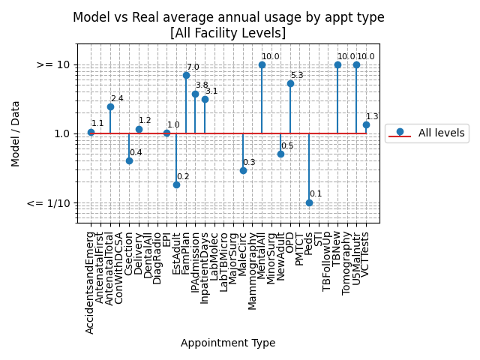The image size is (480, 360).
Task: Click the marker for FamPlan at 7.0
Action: click(186, 75)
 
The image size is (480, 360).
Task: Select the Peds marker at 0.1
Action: click(309, 202)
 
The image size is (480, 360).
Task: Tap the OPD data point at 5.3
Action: click(290, 83)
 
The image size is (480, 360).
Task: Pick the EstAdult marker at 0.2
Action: click(176, 184)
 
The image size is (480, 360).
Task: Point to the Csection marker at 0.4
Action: click(129, 160)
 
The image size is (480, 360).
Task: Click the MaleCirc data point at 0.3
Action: click(243, 170)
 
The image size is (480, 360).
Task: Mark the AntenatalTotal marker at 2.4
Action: click(110, 106)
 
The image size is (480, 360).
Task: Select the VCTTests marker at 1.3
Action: click(366, 124)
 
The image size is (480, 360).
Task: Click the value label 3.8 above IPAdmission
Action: click(202, 85)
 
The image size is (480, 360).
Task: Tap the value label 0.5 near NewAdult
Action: click(287, 146)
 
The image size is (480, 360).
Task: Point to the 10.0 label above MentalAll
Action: click(270, 57)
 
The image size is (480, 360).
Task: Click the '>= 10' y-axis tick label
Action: click(53, 65)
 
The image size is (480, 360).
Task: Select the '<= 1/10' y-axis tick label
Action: click(48, 203)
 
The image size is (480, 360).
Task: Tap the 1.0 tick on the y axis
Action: click(61, 134)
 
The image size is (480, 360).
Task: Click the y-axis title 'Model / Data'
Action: click(16, 133)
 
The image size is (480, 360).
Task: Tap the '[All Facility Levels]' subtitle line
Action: click(228, 33)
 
